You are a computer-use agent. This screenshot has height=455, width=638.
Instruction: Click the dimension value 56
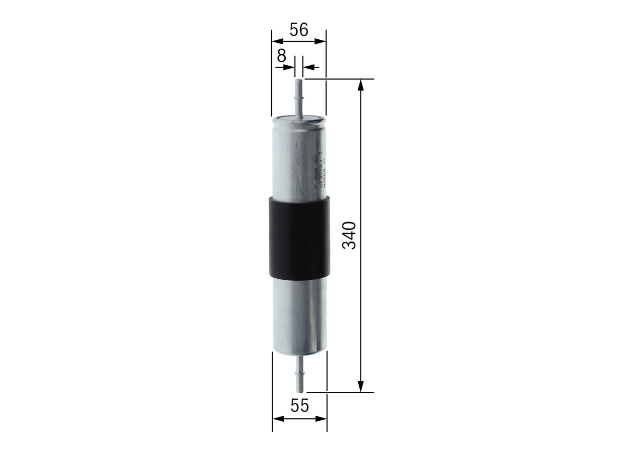[299, 30]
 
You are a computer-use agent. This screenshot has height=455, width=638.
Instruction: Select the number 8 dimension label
[282, 56]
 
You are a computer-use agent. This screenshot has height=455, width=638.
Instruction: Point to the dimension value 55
[299, 406]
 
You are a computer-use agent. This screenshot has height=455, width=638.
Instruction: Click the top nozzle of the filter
[299, 97]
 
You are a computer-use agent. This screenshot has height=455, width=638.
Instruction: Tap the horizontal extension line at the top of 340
[339, 79]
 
